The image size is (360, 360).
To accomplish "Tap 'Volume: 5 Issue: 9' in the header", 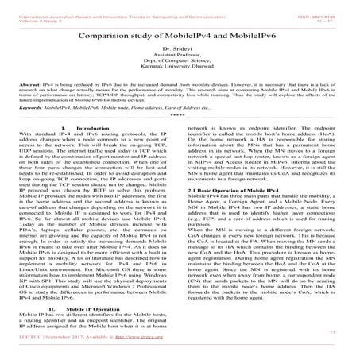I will pos(33,12).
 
